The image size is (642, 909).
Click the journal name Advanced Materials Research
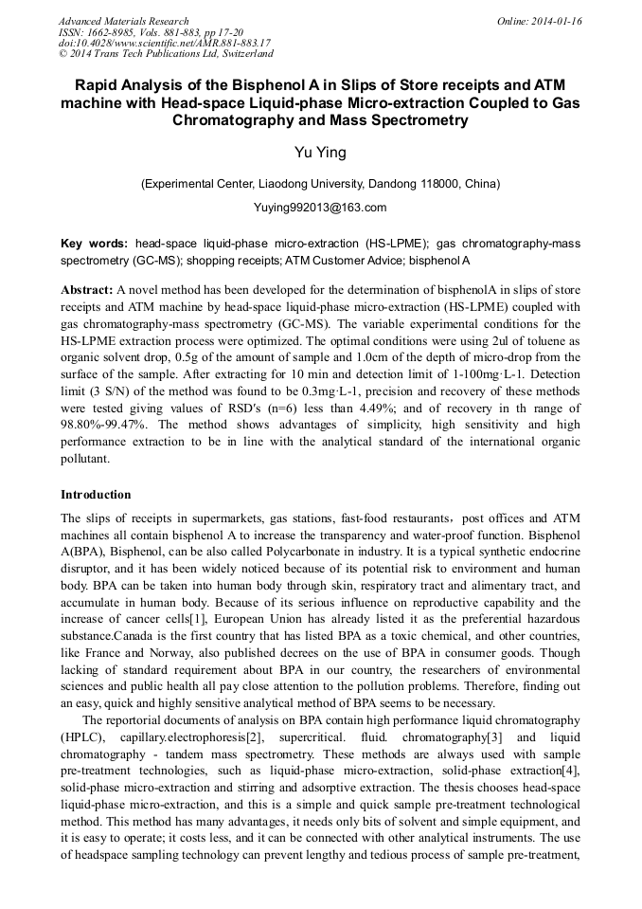point(123,21)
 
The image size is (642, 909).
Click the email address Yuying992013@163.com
point(320,207)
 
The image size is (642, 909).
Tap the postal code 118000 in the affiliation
point(437,183)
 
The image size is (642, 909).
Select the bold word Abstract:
point(86,288)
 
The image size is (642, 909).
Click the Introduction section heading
point(96,495)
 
